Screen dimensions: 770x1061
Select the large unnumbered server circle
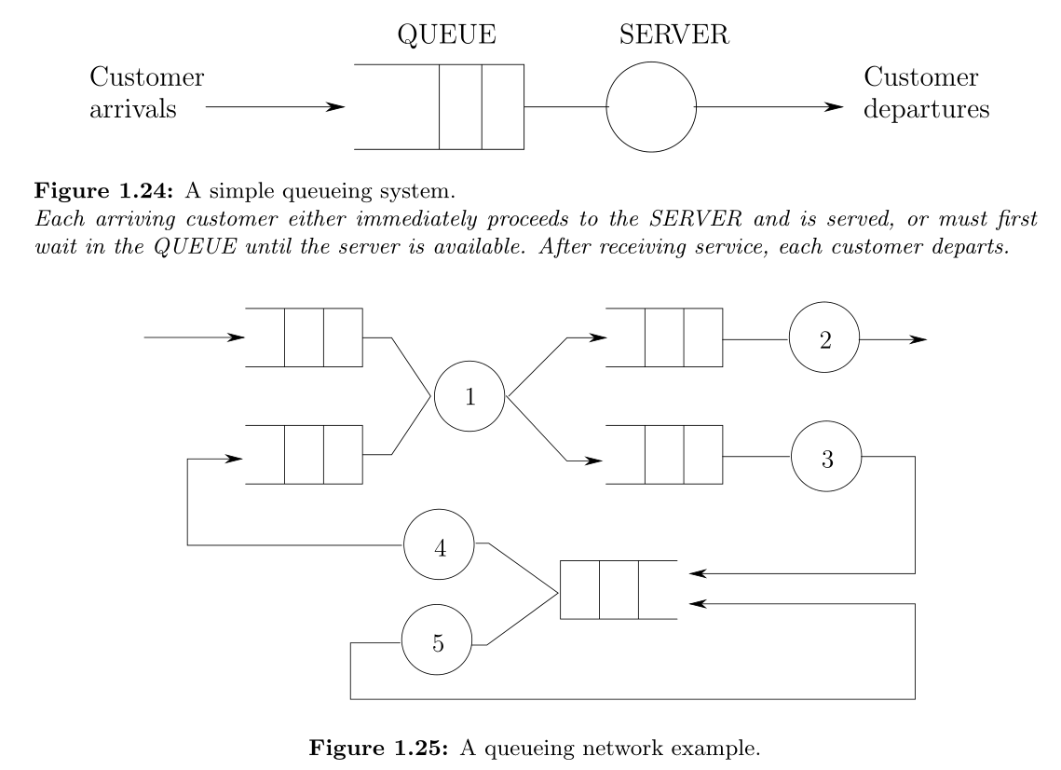pos(650,107)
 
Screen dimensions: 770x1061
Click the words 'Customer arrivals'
pos(146,92)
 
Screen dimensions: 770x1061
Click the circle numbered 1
pos(469,396)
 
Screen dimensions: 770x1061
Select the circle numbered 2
pos(824,339)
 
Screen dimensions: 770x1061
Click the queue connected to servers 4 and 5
pos(619,589)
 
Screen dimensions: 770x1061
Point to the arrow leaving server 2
pos(892,339)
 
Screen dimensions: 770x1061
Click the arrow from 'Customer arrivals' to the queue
pos(274,107)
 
